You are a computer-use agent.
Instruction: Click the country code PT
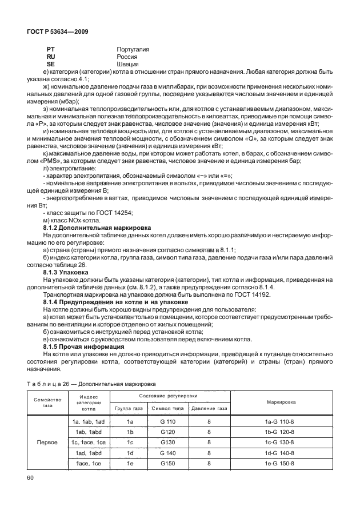[x=50, y=50]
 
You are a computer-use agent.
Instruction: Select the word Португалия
[x=133, y=50]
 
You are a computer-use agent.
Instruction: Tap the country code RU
[x=50, y=57]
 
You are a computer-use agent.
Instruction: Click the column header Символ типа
[x=167, y=408]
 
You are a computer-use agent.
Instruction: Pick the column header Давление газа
[x=209, y=408]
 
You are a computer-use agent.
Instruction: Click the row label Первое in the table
[x=47, y=443]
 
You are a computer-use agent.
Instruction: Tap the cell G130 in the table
[x=167, y=443]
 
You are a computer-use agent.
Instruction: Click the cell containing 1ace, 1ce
[x=89, y=463]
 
